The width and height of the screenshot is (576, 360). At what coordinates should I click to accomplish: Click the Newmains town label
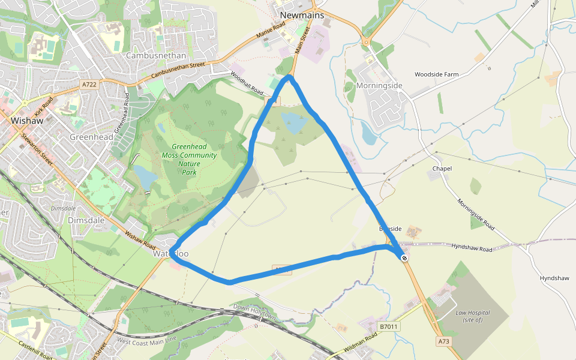pos(302,15)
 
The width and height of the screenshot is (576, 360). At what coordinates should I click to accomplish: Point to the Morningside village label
pos(379,86)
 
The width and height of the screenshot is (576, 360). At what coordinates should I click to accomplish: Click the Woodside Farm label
pos(436,74)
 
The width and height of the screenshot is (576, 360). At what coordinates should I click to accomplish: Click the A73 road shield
pos(443,341)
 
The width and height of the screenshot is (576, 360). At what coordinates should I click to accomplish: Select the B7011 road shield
pos(389,326)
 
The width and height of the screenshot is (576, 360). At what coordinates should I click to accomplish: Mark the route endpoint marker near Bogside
pos(405,258)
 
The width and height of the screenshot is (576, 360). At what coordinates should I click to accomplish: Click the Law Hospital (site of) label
pos(473,316)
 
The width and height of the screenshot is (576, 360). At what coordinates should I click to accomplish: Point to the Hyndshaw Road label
pos(472,248)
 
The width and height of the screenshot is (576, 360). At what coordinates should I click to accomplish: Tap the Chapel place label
pos(442,169)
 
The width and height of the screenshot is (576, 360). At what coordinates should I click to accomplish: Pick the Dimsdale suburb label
pos(86,220)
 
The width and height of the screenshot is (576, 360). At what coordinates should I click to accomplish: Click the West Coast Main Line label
pos(146,340)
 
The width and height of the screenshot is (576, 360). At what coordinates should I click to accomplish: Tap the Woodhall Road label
pos(247,83)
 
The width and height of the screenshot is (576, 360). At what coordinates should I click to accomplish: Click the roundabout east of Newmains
pos(365,42)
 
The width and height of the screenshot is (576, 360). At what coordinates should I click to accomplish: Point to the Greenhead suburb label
pos(91,137)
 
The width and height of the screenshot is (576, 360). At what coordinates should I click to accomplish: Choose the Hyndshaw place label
pos(554,278)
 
